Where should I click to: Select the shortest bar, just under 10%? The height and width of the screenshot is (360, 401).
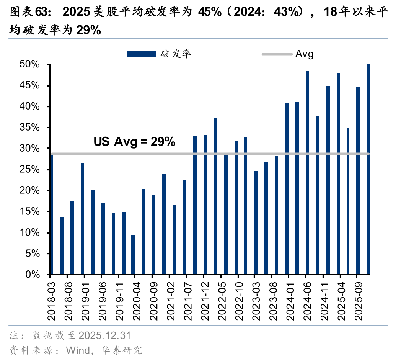click(133, 255)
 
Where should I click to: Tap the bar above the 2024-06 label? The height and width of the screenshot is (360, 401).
click(307, 173)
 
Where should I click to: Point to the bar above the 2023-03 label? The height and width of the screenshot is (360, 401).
click(256, 223)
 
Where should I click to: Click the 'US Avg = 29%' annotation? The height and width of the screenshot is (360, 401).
click(134, 142)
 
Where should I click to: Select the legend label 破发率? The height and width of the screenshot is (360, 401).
click(176, 54)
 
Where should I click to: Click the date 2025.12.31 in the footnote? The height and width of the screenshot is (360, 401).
click(104, 336)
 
